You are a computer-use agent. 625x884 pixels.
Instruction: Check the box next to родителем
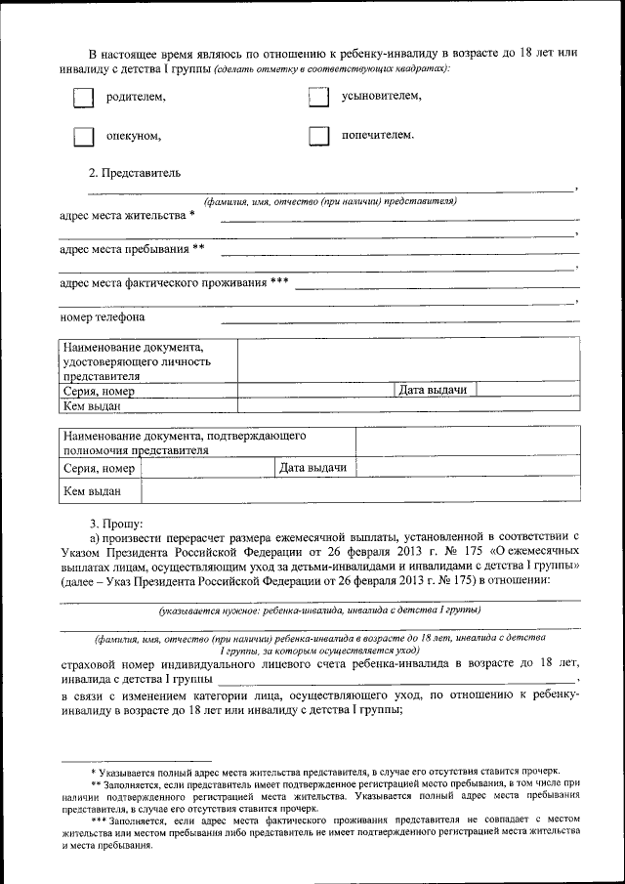85,98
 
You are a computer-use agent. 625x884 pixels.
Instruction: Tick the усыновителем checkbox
317,98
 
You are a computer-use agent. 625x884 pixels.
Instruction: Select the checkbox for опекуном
85,137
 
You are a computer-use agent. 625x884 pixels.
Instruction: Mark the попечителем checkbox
317,137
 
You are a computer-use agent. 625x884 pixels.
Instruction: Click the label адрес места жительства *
127,215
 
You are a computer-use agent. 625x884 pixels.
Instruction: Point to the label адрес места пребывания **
132,249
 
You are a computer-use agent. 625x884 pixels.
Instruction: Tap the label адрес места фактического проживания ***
174,283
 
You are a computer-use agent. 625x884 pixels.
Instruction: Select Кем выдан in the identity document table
93,406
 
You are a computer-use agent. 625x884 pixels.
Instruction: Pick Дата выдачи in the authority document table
313,469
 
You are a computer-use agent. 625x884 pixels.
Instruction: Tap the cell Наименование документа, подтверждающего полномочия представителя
186,442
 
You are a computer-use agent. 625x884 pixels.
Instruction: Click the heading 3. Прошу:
116,524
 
